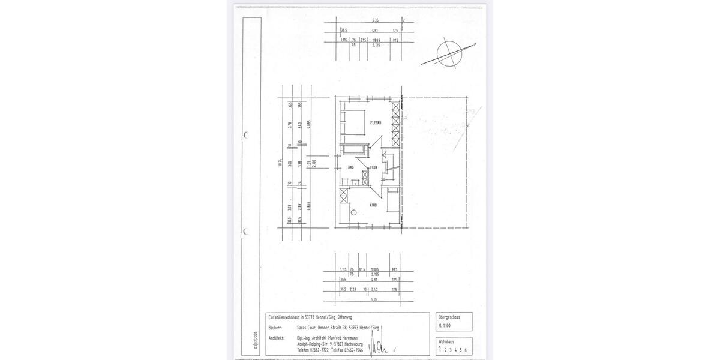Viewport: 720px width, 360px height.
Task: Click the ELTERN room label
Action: pos(376,123)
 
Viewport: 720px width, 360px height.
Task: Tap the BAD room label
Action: pos(351,167)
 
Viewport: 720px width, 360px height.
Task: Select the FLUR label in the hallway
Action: pos(373,167)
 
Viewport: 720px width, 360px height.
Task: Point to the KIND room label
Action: pos(373,205)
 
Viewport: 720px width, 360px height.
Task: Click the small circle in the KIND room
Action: pos(354,212)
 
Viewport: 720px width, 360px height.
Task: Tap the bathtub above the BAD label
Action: pos(353,150)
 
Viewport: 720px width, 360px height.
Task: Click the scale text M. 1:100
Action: pos(445,325)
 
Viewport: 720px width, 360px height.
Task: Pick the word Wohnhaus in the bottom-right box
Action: pos(448,341)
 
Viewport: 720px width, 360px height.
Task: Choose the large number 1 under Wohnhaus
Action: pos(440,349)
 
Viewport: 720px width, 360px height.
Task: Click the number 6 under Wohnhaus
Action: pos(465,349)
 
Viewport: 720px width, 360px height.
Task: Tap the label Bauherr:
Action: pos(275,328)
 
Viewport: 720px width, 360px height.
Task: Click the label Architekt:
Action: pos(277,338)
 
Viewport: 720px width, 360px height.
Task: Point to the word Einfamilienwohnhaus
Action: pos(285,316)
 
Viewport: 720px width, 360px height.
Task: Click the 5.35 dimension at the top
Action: pos(376,20)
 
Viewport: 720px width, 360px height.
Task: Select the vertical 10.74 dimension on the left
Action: pos(280,163)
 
